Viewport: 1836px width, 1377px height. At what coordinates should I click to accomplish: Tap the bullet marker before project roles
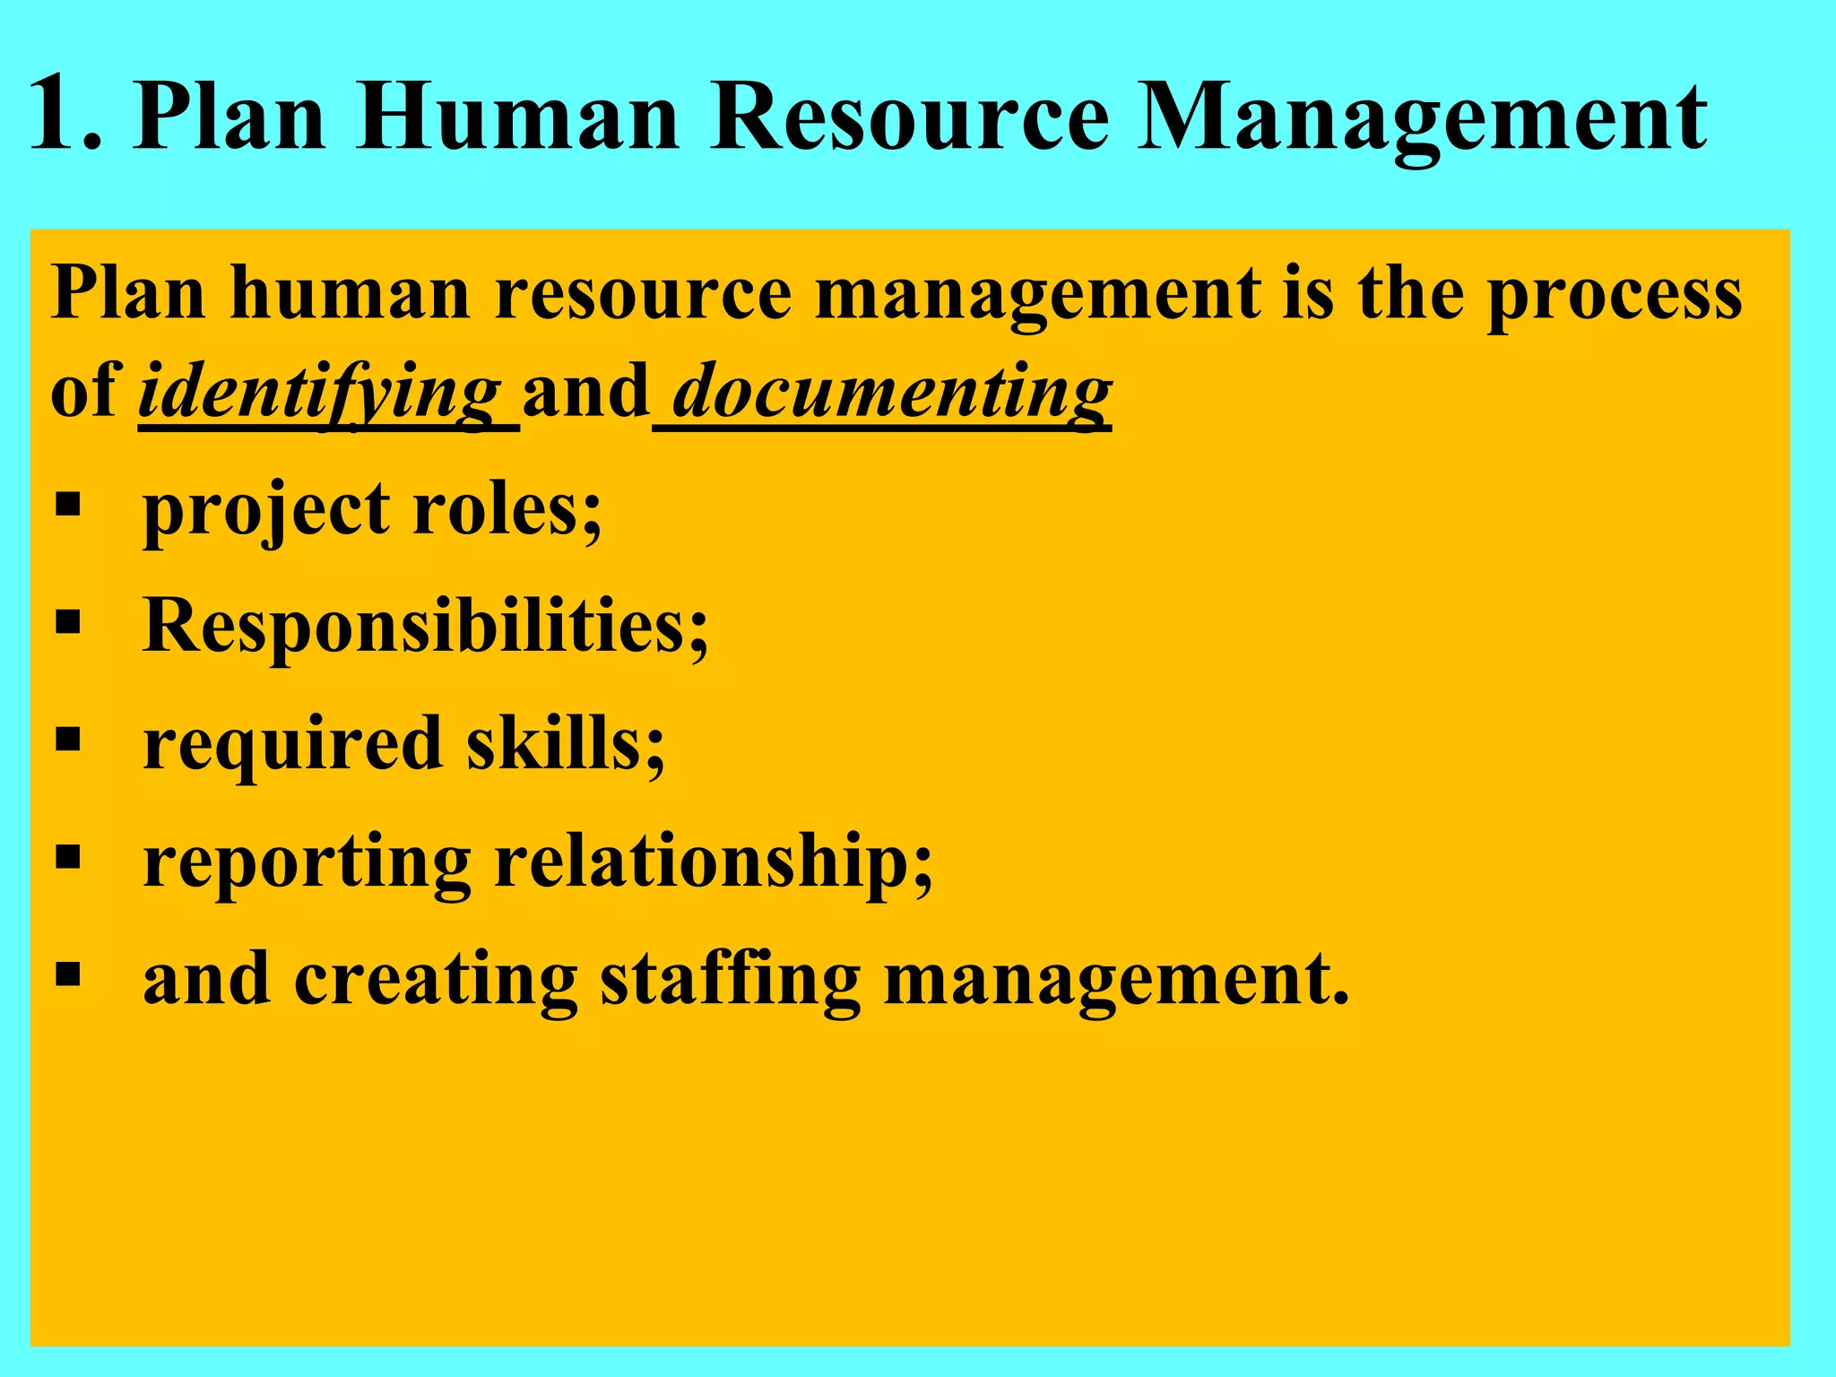68,505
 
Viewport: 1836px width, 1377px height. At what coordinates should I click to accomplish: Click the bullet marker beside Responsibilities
68,621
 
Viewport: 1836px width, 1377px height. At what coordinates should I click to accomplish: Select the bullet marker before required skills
68,740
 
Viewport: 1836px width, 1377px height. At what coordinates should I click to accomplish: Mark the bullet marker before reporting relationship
68,857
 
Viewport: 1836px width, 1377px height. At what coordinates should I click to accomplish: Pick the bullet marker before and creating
68,974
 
